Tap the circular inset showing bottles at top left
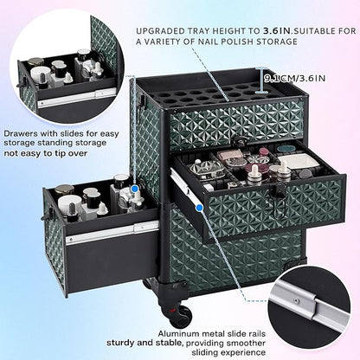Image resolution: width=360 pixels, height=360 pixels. (52, 73)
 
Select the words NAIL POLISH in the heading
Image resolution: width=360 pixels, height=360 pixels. (223, 42)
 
